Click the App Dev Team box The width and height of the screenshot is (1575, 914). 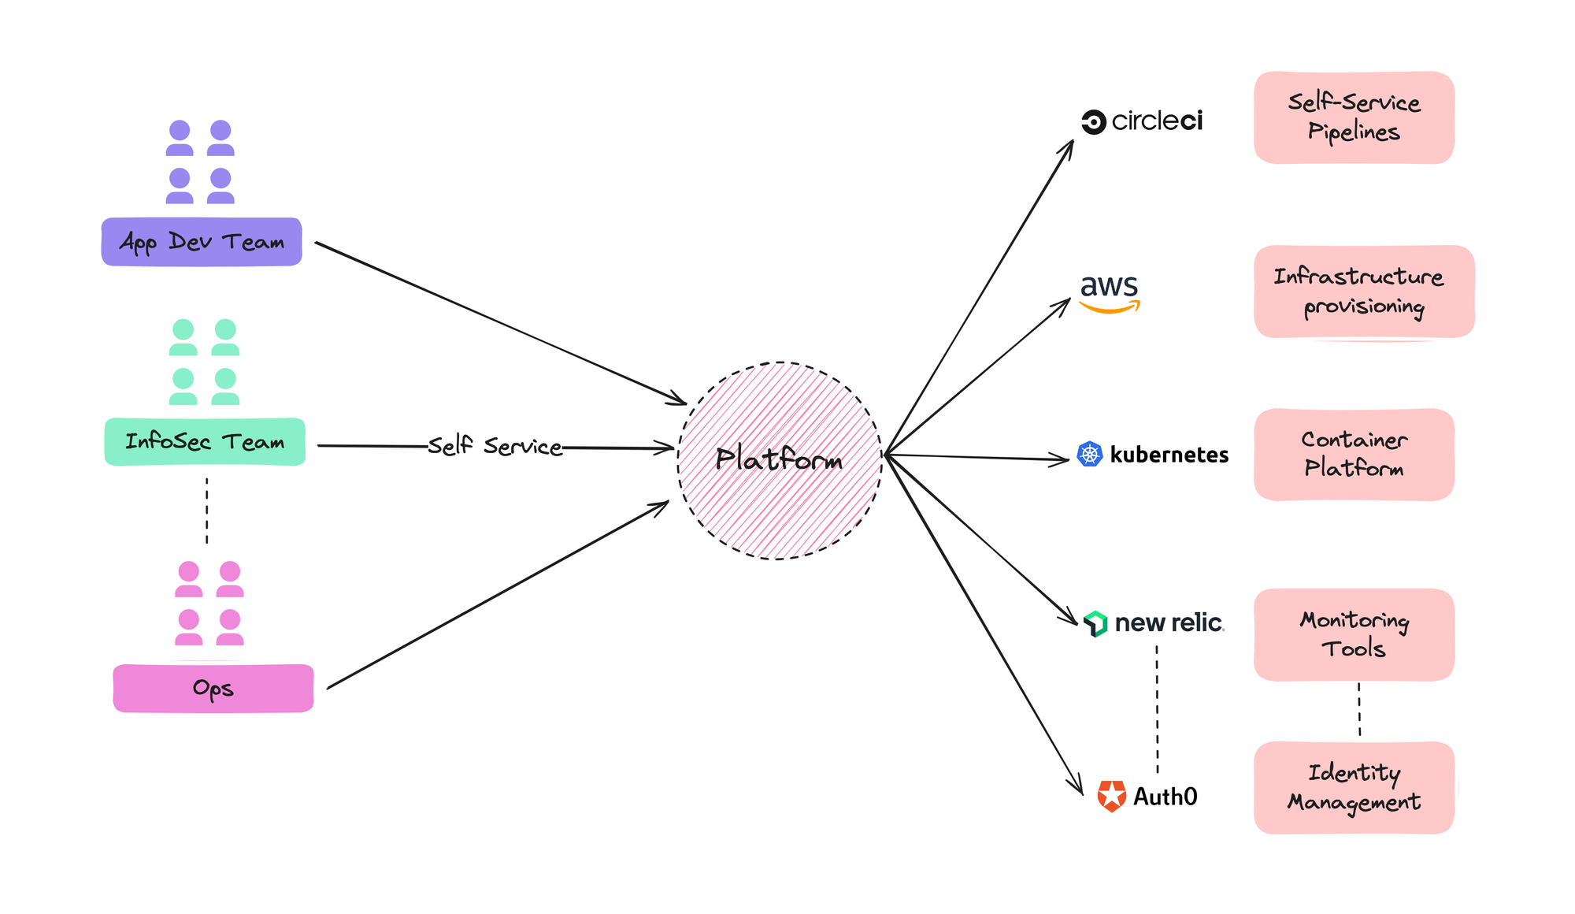point(202,242)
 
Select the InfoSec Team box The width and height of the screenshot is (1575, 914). point(205,442)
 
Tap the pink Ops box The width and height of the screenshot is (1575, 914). point(213,689)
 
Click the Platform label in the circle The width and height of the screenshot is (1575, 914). point(779,459)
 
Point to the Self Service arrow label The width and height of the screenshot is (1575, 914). point(495,446)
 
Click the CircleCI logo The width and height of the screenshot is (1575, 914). point(1142,121)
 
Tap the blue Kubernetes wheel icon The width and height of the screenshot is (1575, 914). point(1089,454)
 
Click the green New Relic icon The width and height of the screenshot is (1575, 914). point(1095,623)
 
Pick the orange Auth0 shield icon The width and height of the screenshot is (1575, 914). point(1112,797)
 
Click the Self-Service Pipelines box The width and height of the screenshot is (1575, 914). point(1354,118)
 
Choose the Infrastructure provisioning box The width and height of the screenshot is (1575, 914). point(1363,292)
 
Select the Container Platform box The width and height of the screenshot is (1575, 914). point(1354,455)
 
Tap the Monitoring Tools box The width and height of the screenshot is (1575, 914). point(1354,634)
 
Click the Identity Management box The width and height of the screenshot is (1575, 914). point(1354,787)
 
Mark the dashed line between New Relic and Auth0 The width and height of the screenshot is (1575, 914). point(1157,709)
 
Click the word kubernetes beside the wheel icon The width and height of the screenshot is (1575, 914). point(1169,455)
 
